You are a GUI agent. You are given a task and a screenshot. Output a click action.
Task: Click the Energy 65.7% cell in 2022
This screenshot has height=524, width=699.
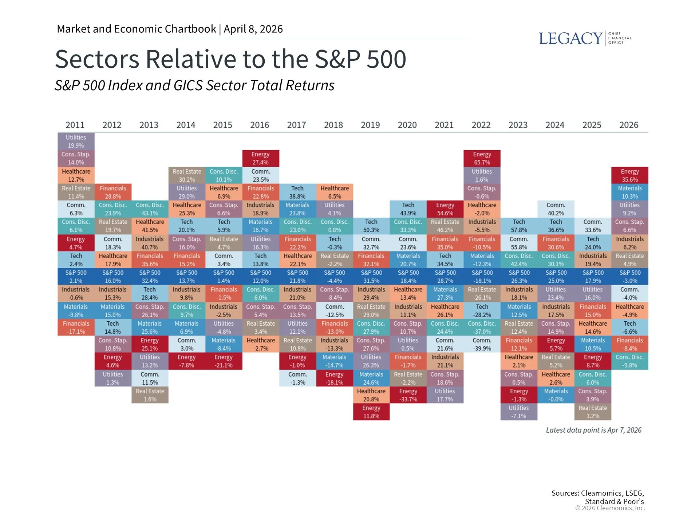482,158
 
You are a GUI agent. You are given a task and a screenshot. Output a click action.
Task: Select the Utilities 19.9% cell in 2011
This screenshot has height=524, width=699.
76,141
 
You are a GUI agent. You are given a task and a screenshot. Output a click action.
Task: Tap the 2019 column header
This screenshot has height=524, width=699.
370,125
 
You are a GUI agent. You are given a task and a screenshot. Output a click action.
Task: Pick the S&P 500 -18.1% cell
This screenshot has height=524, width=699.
482,277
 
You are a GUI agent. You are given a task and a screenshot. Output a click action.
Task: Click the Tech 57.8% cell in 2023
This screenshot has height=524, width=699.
519,226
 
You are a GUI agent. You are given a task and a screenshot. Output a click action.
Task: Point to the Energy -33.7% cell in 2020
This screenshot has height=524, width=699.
408,395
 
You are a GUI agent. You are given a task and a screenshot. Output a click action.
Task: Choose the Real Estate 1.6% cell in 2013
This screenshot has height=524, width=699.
150,395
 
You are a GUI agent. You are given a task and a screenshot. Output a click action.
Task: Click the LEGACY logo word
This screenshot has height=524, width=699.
570,38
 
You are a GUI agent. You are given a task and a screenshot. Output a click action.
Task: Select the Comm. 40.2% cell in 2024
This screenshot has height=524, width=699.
556,209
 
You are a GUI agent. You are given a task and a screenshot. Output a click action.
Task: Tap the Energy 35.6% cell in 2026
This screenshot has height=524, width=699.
629,175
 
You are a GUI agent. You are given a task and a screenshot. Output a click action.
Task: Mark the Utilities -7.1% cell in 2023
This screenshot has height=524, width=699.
519,412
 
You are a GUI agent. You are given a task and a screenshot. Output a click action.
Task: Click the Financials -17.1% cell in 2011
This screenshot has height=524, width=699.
76,327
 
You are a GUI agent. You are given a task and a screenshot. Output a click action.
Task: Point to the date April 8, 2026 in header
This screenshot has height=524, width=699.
253,29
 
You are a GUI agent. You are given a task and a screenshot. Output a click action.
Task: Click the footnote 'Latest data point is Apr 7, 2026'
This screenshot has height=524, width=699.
593,430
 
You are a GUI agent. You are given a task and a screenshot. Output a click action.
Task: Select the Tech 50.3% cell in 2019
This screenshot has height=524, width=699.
371,226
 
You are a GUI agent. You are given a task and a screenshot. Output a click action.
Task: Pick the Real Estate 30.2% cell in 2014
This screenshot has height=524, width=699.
187,175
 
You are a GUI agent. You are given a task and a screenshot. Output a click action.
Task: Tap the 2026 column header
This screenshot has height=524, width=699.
629,125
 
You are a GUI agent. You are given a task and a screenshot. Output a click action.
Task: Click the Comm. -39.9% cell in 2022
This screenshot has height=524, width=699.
482,344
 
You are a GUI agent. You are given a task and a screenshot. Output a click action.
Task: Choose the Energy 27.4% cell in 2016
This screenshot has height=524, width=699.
260,158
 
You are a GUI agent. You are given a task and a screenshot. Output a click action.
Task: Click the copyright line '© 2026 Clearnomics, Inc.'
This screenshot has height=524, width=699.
610,508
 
